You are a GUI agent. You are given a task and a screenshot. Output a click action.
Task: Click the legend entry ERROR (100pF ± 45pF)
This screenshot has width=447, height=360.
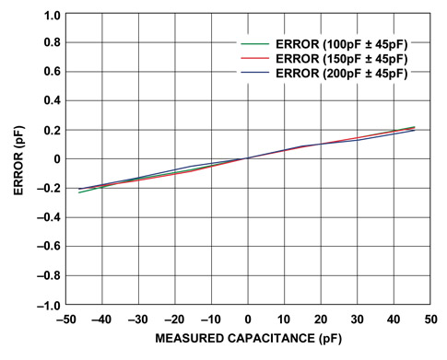click(x=336, y=44)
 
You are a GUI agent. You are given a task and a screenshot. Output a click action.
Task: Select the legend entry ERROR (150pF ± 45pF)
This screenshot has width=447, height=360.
click(x=336, y=59)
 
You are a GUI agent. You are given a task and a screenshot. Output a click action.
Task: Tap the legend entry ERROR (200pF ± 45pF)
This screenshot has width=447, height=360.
click(x=336, y=74)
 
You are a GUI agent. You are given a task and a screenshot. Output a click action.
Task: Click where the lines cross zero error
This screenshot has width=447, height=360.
click(x=248, y=158)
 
